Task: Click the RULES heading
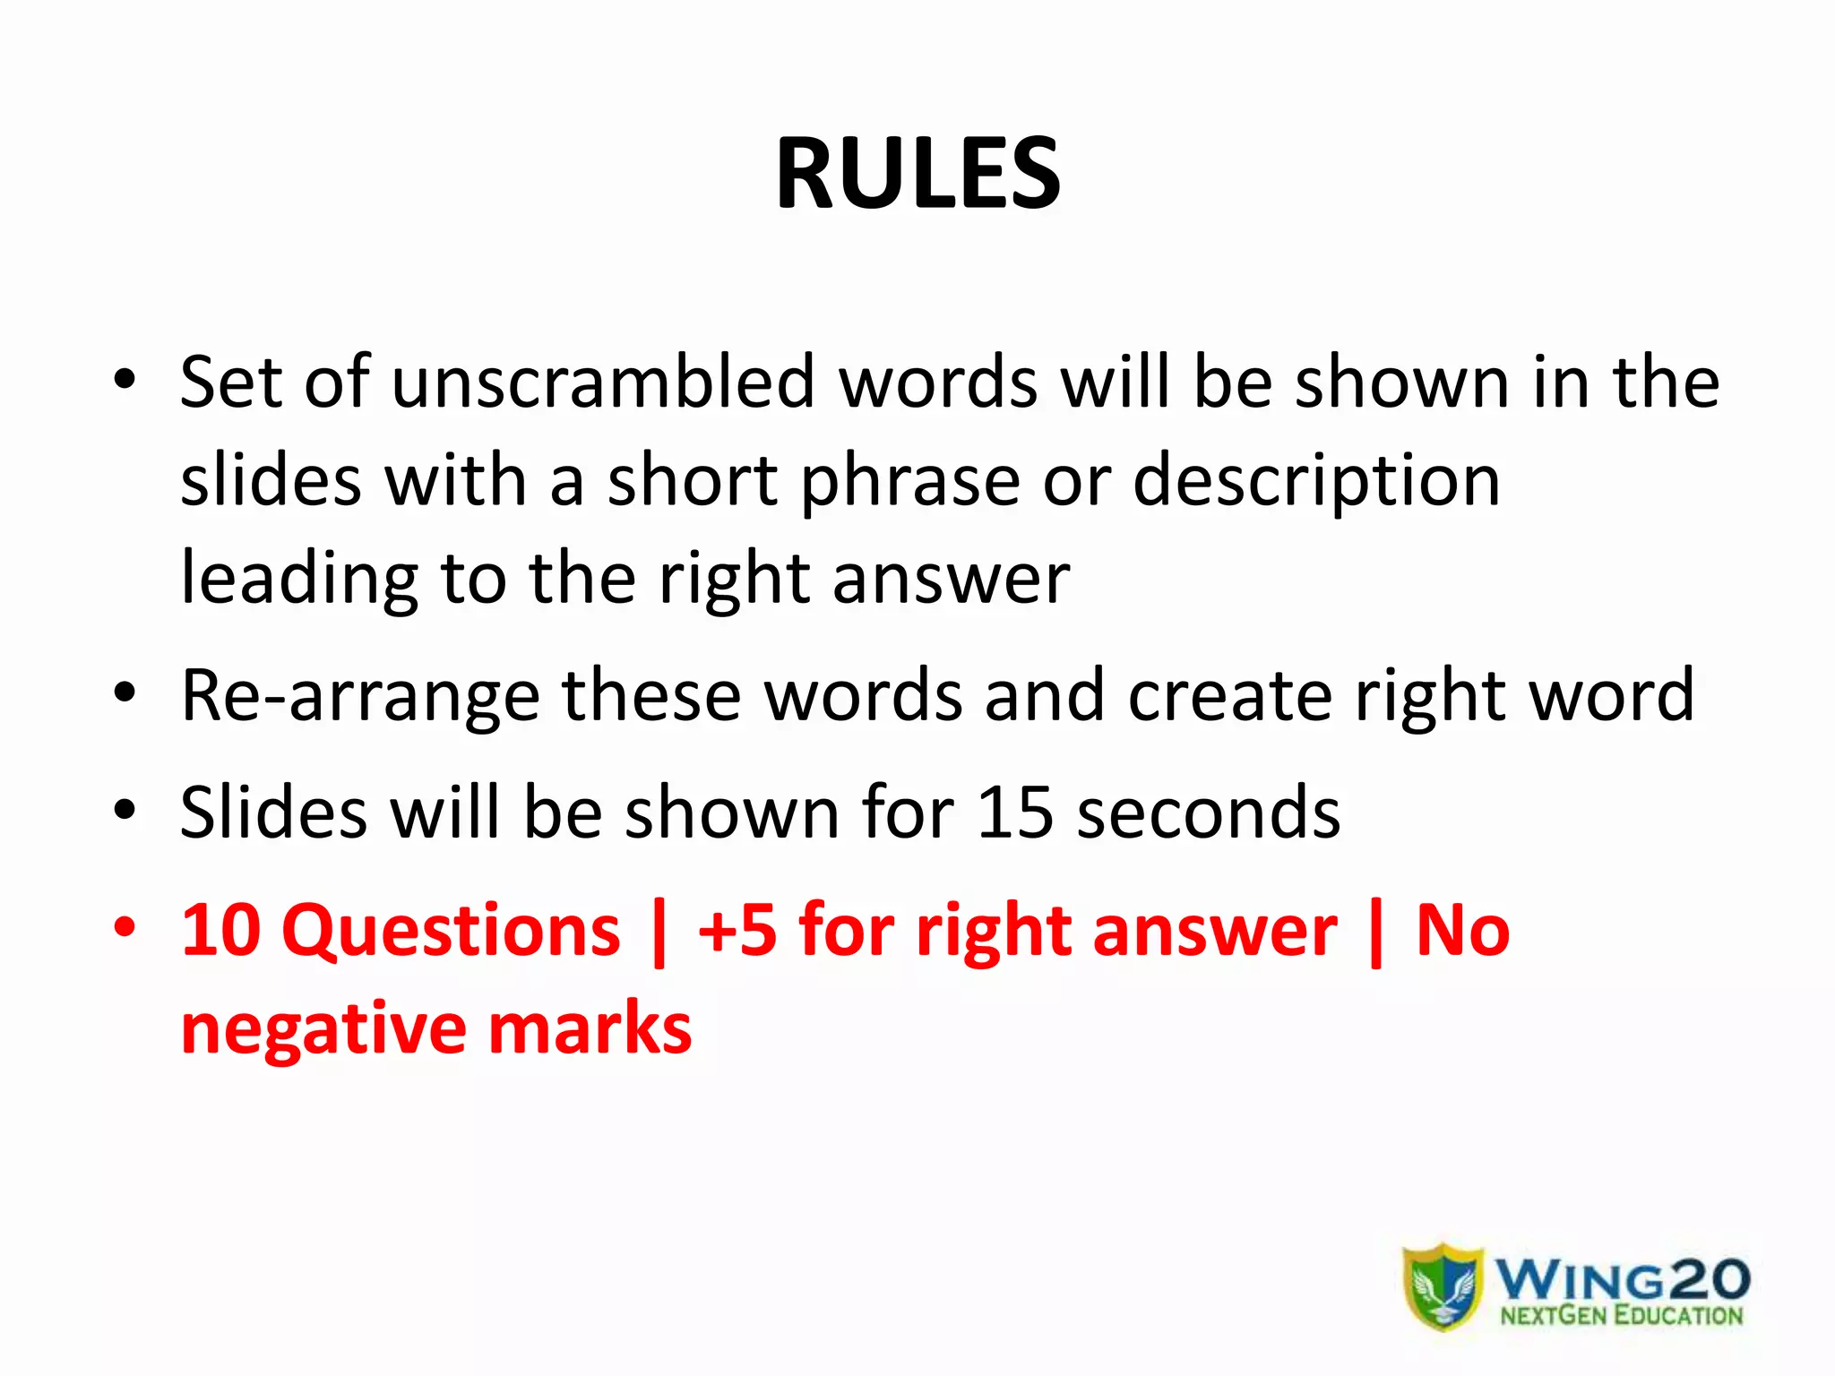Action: [x=917, y=173]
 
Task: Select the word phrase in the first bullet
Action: [x=909, y=482]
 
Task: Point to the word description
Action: [x=1316, y=482]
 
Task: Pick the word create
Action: [x=1229, y=695]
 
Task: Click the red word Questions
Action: [x=451, y=932]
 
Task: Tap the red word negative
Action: [x=323, y=1029]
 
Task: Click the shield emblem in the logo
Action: [x=1443, y=1286]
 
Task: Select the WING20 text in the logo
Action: [x=1622, y=1277]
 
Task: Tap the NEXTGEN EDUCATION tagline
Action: [x=1621, y=1316]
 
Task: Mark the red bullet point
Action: [x=125, y=926]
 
